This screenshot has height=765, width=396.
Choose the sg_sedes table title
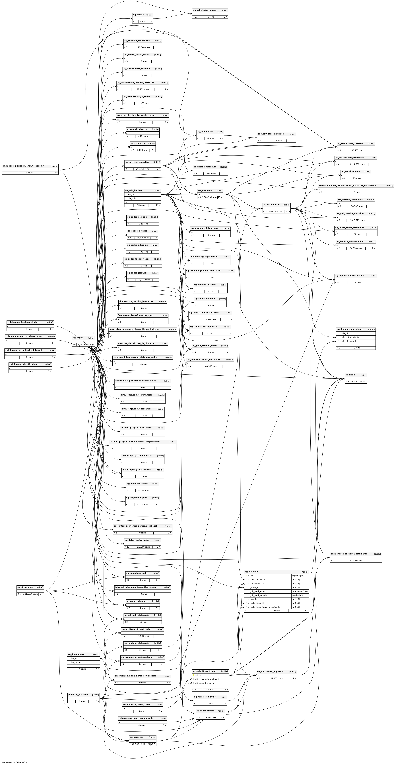(x=78, y=338)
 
